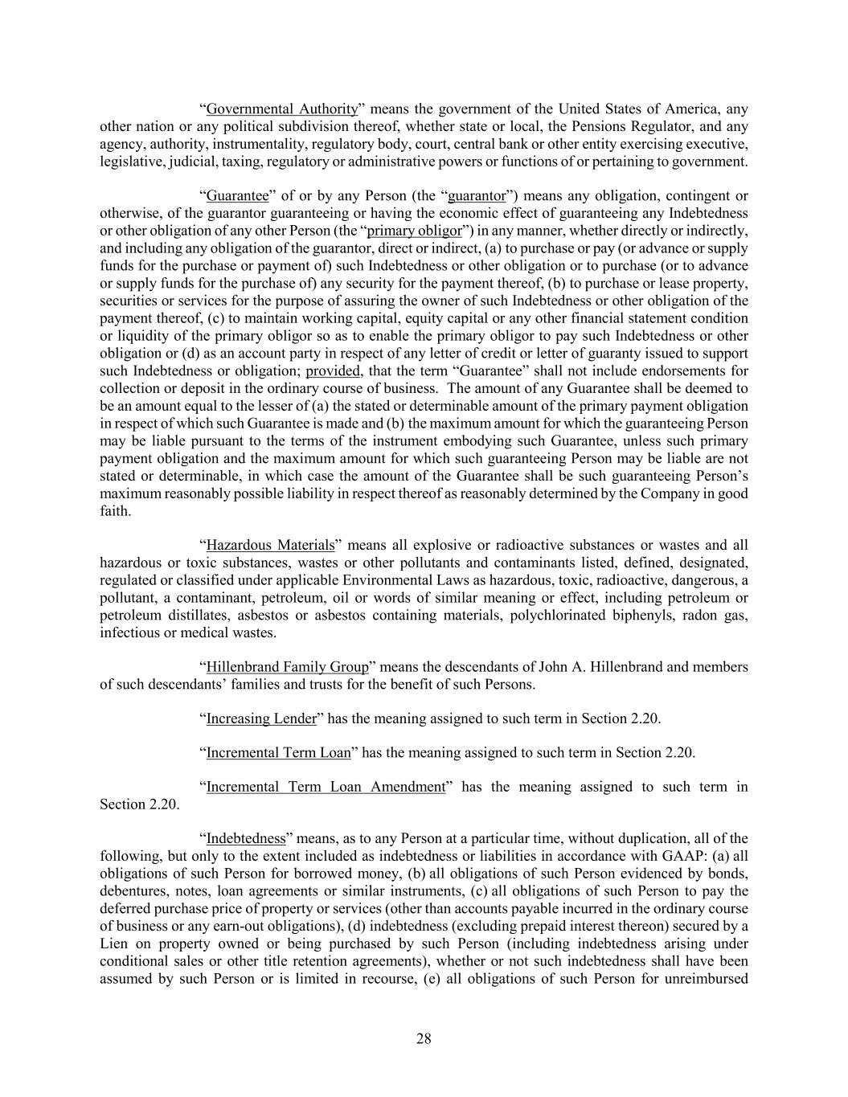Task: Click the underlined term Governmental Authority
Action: (x=281, y=109)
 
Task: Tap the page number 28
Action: (x=424, y=1039)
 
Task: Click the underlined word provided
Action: (x=334, y=370)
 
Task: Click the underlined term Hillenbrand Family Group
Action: (x=287, y=667)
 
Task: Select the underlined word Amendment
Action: (x=407, y=787)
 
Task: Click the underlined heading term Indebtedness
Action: (x=246, y=839)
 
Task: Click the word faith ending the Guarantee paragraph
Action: (x=114, y=510)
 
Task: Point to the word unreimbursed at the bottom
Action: (x=708, y=978)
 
